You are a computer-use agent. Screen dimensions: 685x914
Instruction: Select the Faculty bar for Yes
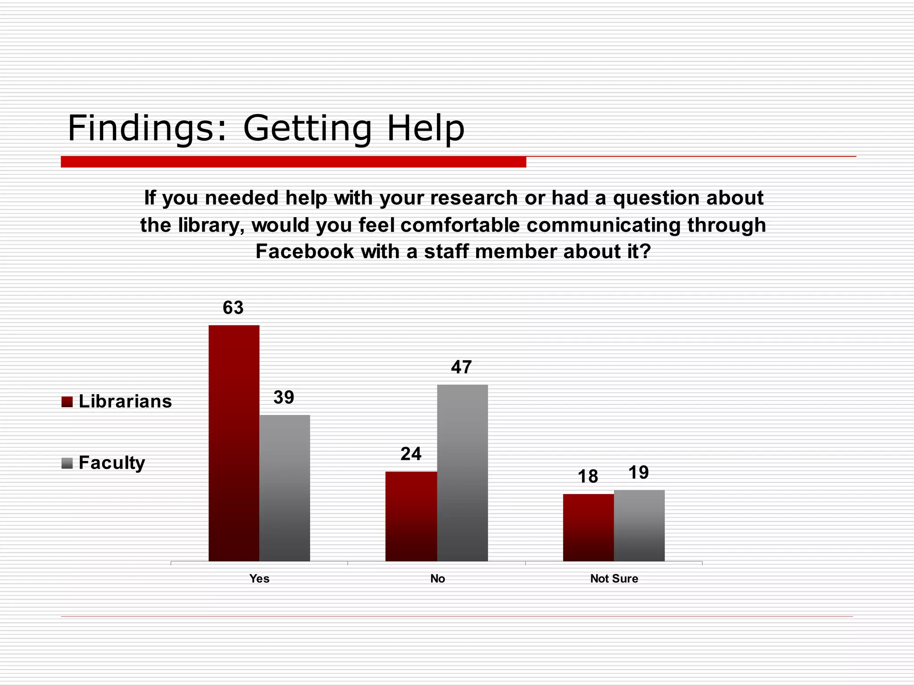[x=285, y=488]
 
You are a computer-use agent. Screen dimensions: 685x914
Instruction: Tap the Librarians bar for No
[x=411, y=516]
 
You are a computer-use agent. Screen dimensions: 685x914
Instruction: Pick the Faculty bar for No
[x=462, y=473]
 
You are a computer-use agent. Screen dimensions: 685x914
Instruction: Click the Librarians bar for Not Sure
[x=588, y=527]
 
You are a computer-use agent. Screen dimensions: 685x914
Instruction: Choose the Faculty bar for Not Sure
[x=639, y=525]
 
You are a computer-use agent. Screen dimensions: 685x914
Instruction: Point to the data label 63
[x=233, y=308]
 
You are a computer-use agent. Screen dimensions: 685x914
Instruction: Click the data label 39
[x=284, y=397]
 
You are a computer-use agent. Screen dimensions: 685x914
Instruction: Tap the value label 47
[x=461, y=367]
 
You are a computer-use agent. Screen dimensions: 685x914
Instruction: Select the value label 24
[x=411, y=454]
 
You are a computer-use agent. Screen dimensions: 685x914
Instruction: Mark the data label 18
[x=588, y=476]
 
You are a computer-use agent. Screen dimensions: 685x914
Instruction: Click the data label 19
[x=639, y=473]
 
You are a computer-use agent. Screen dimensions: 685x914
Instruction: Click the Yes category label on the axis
[x=259, y=578]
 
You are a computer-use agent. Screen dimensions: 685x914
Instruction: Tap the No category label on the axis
[x=437, y=578]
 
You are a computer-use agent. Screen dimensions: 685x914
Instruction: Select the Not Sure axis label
[x=614, y=578]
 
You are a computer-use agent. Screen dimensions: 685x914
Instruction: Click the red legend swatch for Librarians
[x=67, y=402]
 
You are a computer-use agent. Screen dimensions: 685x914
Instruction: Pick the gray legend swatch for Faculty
[x=67, y=463]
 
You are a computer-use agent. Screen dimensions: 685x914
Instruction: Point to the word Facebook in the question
[x=305, y=252]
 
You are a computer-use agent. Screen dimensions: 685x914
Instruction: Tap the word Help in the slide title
[x=425, y=128]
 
